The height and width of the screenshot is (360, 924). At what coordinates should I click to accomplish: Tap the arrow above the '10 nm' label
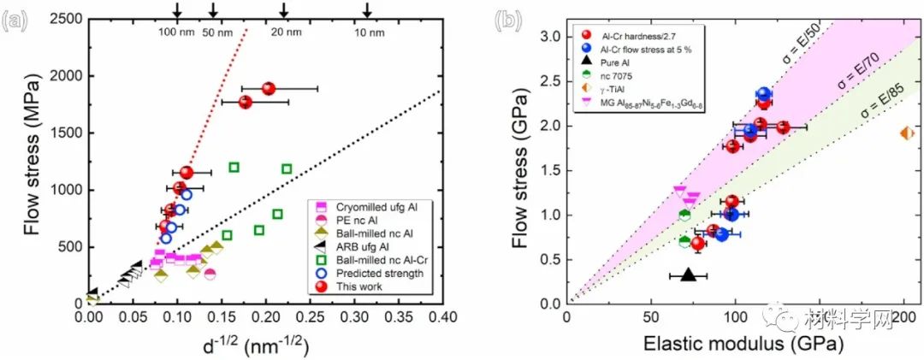(x=367, y=10)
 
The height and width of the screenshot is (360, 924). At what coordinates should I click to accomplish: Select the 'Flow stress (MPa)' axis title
(x=33, y=160)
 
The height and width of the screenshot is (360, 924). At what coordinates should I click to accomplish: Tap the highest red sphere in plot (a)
(x=268, y=88)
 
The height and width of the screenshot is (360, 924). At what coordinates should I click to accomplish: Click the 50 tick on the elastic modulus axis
(x=651, y=320)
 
